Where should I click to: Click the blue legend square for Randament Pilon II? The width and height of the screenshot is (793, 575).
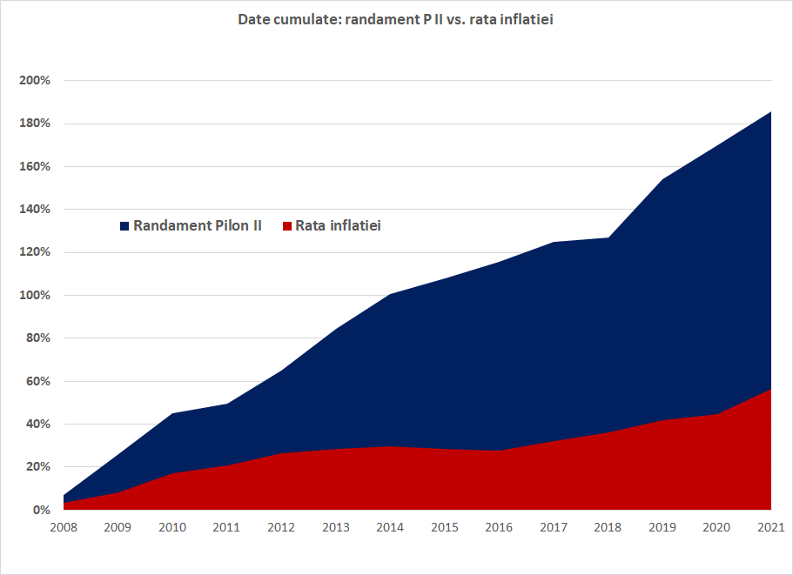(x=124, y=226)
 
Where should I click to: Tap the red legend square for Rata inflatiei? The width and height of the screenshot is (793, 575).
(x=286, y=226)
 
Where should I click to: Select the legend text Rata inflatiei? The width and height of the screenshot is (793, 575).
(x=338, y=226)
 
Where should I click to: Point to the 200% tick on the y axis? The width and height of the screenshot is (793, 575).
(x=36, y=81)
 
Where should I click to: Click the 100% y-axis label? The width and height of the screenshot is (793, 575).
(x=36, y=296)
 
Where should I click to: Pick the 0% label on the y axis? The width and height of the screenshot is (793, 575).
(x=42, y=510)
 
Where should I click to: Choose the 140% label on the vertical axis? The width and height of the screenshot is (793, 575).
(x=36, y=210)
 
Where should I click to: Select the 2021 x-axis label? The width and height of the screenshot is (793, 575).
(x=771, y=528)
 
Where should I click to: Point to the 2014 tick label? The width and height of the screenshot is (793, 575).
(x=391, y=528)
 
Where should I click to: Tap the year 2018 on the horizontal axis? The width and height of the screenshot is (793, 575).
(x=608, y=528)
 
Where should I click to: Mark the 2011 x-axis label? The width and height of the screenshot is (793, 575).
(x=227, y=528)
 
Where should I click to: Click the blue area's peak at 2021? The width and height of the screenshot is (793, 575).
(x=770, y=112)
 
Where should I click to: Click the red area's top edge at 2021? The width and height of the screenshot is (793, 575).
(x=770, y=390)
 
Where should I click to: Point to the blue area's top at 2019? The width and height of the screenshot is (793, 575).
(x=662, y=180)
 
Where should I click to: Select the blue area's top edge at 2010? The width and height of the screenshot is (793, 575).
(x=173, y=413)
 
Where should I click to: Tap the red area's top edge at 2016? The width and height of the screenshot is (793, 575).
(x=500, y=451)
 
